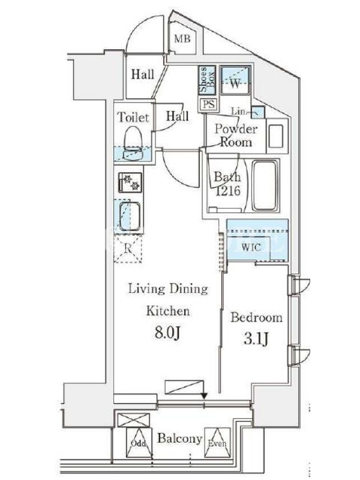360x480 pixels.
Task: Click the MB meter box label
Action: click(x=182, y=38)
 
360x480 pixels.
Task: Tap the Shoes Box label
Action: click(x=208, y=79)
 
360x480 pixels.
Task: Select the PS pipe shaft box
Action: click(x=209, y=104)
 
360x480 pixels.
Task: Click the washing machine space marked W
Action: click(x=235, y=81)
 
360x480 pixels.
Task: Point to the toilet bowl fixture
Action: click(x=133, y=143)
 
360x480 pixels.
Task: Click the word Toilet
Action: click(x=133, y=117)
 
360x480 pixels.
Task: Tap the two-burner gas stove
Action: click(x=130, y=182)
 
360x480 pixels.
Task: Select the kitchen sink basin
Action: click(x=130, y=216)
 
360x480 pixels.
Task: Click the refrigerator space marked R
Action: click(x=128, y=248)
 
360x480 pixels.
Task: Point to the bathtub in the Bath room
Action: click(x=266, y=185)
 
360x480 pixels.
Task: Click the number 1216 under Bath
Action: click(x=228, y=191)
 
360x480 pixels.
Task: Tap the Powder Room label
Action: click(x=236, y=136)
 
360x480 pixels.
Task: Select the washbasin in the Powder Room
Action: click(x=276, y=136)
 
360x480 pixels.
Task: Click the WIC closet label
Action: click(x=251, y=247)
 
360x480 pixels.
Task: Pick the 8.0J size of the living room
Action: click(x=167, y=332)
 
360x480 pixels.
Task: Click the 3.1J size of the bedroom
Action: click(x=256, y=339)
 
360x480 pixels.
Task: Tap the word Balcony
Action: click(x=179, y=439)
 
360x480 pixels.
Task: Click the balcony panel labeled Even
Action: click(x=217, y=443)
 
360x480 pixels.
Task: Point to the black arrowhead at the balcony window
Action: click(x=204, y=396)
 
